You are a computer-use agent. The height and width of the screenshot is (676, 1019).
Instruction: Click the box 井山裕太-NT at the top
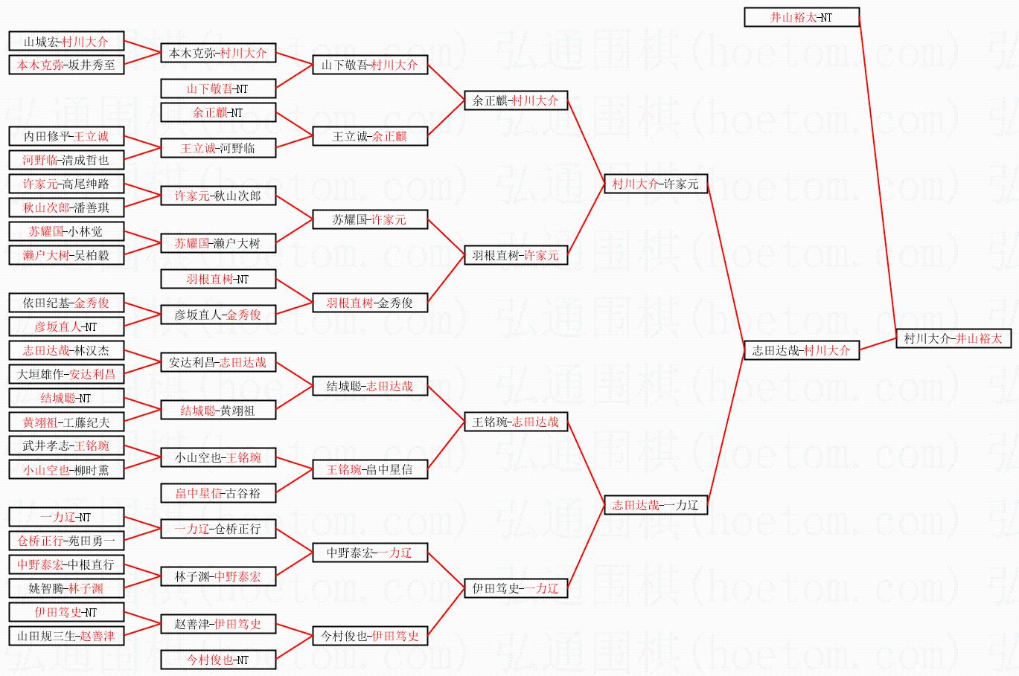pos(802,17)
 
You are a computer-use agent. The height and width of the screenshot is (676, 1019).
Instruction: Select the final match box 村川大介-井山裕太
pos(953,338)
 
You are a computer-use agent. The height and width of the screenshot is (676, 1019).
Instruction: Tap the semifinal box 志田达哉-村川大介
pos(802,350)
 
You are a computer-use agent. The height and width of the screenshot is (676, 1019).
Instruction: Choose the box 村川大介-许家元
pos(656,184)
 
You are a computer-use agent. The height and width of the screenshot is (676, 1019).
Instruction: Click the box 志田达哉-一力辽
pos(656,505)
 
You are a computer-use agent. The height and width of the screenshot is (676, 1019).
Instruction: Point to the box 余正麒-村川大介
pos(516,100)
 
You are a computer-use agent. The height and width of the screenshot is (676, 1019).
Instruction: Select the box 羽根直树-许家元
pos(516,255)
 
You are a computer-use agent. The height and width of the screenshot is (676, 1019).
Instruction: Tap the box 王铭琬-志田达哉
pos(516,422)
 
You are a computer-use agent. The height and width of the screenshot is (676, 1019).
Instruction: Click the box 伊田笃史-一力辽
pos(516,588)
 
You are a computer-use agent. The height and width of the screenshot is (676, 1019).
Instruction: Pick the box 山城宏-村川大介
pos(66,42)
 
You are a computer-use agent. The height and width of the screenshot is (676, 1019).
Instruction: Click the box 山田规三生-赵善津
pos(66,636)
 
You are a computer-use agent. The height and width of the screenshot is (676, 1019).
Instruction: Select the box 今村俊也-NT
pos(218,660)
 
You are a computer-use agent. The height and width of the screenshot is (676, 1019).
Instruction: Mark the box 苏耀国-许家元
pos(370,219)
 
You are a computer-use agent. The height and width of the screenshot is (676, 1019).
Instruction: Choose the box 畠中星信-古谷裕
pos(218,493)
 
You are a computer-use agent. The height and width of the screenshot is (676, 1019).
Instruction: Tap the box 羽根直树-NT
pos(218,279)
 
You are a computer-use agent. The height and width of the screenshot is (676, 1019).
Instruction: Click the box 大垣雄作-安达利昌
pos(66,374)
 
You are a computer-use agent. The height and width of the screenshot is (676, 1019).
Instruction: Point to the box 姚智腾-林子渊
pos(66,588)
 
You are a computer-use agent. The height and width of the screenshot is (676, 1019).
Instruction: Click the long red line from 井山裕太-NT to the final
pos(878,173)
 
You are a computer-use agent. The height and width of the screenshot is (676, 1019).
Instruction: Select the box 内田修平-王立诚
pos(66,136)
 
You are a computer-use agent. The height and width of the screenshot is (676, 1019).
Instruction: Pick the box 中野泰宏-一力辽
pos(370,553)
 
